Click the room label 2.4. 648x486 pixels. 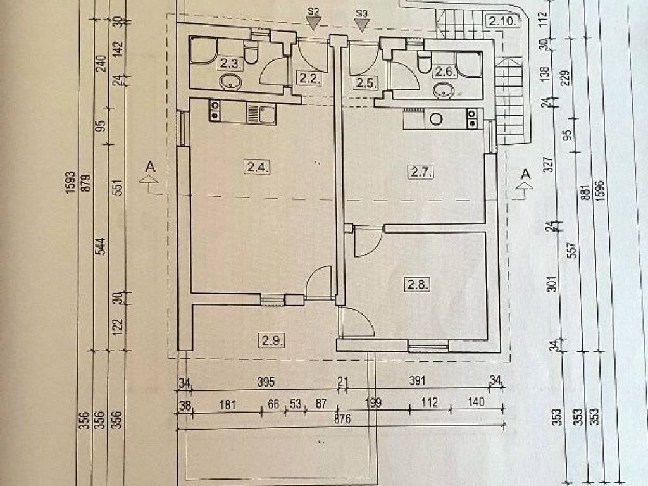[258, 167]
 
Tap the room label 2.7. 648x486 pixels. [421, 171]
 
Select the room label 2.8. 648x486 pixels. [418, 284]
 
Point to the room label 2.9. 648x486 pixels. [272, 341]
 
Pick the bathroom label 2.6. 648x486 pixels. [445, 72]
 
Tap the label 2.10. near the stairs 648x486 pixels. [502, 21]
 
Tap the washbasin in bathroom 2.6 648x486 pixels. [444, 90]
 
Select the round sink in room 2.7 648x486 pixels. [436, 120]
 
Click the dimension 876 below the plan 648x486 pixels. [342, 419]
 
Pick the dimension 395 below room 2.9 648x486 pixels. [266, 382]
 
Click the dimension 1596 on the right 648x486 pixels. [600, 190]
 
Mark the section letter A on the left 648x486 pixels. [151, 167]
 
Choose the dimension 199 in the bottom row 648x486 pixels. [373, 402]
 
